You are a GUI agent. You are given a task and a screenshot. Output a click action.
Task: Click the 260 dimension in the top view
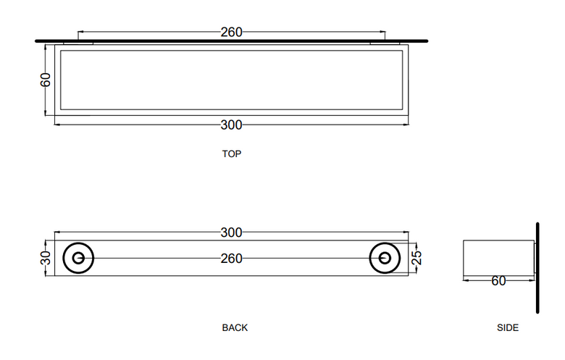[x=231, y=32]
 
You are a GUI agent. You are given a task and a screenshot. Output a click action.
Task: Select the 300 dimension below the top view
[x=231, y=125]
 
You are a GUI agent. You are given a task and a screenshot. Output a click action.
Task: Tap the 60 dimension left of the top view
[x=46, y=80]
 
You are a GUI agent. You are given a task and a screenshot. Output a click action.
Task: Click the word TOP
[x=231, y=154]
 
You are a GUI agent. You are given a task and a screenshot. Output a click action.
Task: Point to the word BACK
[x=235, y=327]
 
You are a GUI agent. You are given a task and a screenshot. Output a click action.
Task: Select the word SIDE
[x=508, y=327]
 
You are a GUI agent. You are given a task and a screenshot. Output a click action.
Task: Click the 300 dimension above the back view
[x=231, y=233]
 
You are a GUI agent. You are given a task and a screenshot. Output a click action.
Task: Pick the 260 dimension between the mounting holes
[x=231, y=259]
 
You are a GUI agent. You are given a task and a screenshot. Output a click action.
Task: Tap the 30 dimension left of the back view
[x=46, y=258]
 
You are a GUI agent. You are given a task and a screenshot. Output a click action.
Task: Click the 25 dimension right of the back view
[x=417, y=258]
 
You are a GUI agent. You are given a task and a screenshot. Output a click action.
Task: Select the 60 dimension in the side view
[x=498, y=281]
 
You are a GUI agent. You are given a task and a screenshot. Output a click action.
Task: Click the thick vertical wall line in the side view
[x=537, y=268]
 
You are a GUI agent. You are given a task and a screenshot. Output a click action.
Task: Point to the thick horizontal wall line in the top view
[x=231, y=41]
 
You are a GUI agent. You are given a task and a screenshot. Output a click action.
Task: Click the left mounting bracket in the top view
[x=78, y=43]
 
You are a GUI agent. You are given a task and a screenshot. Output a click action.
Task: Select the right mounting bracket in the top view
[x=385, y=43]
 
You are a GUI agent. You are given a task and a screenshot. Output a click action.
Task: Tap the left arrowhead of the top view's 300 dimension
[x=57, y=125]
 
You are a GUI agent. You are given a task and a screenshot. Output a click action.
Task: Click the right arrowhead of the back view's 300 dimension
[x=406, y=233]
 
